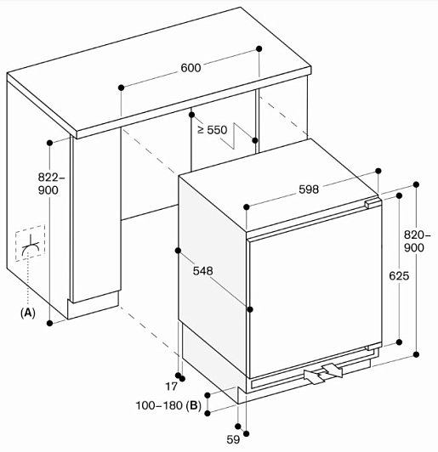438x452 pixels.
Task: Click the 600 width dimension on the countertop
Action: coord(191,68)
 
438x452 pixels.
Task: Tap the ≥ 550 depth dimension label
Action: coord(213,130)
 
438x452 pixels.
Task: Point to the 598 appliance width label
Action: coord(309,189)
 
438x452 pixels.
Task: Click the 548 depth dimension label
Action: coord(203,271)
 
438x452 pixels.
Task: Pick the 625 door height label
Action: coord(399,276)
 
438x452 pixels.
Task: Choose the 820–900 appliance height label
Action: coord(417,241)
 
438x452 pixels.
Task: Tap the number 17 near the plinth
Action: coord(172,387)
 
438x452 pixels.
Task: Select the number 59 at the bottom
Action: coord(233,439)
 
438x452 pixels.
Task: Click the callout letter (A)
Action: coord(28,312)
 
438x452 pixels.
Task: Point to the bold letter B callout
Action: coord(194,405)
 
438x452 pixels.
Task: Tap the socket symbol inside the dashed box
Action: coord(30,245)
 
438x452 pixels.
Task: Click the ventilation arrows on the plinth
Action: coord(323,374)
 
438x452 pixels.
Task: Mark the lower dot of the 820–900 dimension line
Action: coord(416,354)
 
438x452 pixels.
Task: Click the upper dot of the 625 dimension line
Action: coord(400,196)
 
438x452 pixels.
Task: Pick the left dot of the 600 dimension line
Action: coord(121,88)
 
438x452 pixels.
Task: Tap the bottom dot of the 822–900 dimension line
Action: coord(50,323)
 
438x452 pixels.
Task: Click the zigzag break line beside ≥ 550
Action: coord(242,136)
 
